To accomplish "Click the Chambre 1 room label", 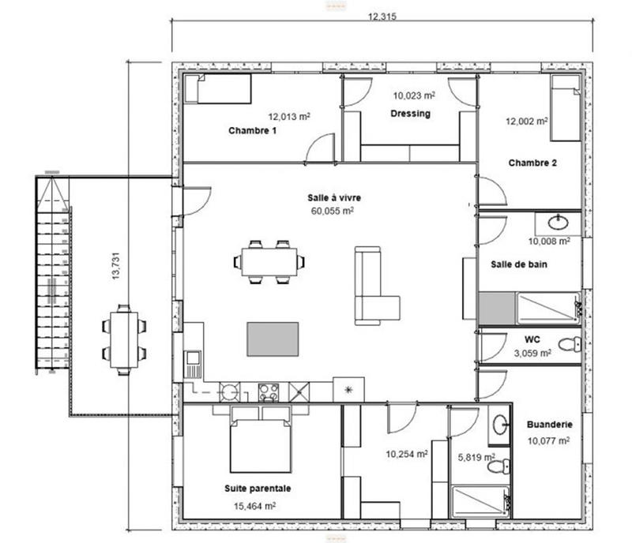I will (252, 131).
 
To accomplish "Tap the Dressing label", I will (411, 114).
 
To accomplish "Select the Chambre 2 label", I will (532, 163).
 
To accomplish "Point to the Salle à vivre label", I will (334, 197).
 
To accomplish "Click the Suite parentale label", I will (258, 489).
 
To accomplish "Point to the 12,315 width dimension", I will (382, 20).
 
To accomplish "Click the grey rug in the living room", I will (273, 339).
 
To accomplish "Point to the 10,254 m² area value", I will (407, 454).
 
